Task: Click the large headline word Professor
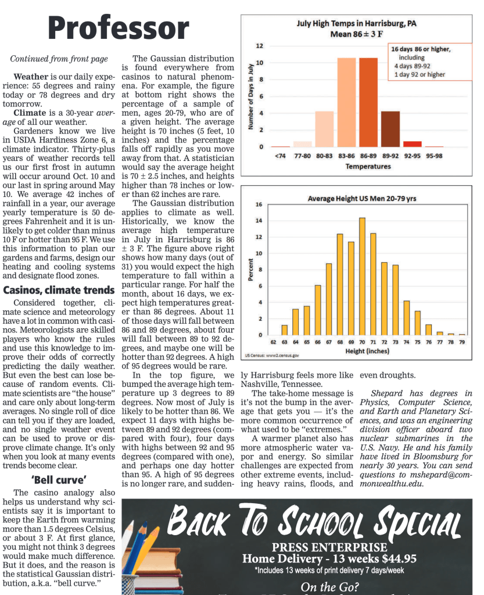point(119,28)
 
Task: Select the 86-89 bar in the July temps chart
point(368,102)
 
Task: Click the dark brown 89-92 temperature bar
point(390,128)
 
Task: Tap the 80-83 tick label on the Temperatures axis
point(324,156)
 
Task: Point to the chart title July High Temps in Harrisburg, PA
point(356,24)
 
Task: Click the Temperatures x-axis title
point(368,167)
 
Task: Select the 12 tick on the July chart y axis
point(260,46)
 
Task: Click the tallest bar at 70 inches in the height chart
point(362,277)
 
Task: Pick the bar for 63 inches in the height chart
point(284,330)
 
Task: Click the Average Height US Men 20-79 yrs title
point(361,199)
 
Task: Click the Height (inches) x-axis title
point(367,351)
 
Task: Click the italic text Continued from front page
point(59,59)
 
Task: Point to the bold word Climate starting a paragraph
point(30,112)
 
